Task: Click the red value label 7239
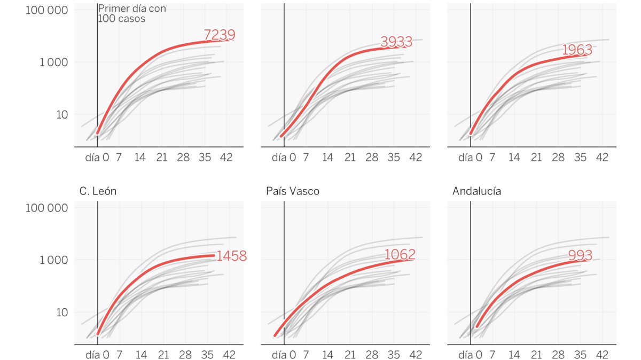pyautogui.click(x=220, y=35)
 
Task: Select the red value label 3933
pyautogui.click(x=396, y=42)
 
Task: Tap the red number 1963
pyautogui.click(x=577, y=50)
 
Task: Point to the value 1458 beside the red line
pyautogui.click(x=231, y=256)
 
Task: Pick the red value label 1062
pyautogui.click(x=400, y=255)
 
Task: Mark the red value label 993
pyautogui.click(x=581, y=256)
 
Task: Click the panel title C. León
pyautogui.click(x=98, y=191)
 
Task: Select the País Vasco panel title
pyautogui.click(x=292, y=191)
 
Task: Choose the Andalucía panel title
pyautogui.click(x=476, y=191)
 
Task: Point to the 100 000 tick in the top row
pyautogui.click(x=47, y=10)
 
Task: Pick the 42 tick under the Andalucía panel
pyautogui.click(x=602, y=355)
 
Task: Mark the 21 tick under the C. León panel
pyautogui.click(x=163, y=355)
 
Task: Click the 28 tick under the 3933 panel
pyautogui.click(x=372, y=158)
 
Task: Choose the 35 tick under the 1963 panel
pyautogui.click(x=580, y=158)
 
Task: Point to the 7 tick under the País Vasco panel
pyautogui.click(x=306, y=355)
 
